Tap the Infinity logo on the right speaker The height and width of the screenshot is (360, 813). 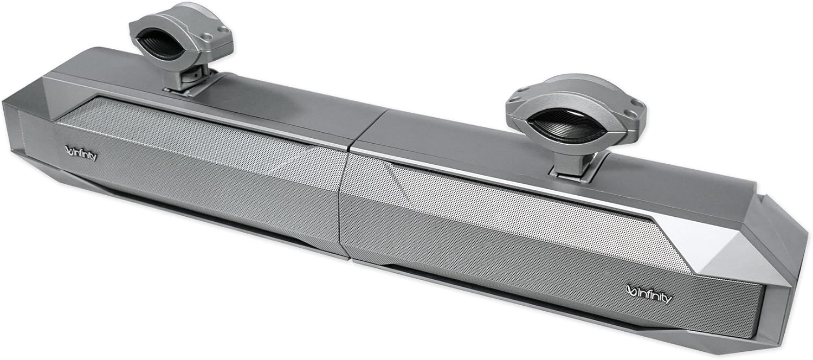point(649,296)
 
